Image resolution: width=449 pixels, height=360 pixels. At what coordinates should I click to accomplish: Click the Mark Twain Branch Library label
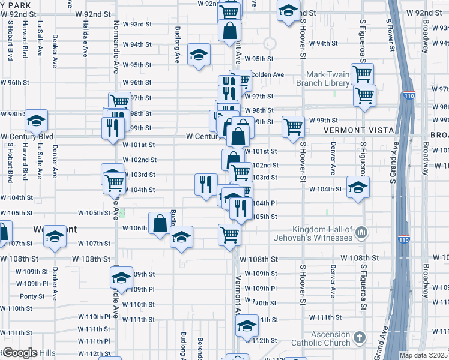tap(328, 79)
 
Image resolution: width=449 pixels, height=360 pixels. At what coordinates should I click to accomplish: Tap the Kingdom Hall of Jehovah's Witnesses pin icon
tap(361, 231)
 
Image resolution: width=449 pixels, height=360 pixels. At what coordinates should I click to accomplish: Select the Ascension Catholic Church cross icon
tap(360, 337)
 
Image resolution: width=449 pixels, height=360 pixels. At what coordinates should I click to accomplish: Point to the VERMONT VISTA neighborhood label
tap(358, 130)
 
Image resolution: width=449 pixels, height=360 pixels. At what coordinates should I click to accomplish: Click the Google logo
tap(19, 353)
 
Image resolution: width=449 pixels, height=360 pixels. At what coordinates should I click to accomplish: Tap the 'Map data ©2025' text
tap(424, 355)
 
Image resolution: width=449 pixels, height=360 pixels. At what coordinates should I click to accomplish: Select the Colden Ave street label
tap(267, 74)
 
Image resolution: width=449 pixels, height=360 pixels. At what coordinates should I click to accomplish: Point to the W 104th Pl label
tap(262, 203)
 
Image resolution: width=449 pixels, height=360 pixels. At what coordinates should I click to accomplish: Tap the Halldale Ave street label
tap(86, 38)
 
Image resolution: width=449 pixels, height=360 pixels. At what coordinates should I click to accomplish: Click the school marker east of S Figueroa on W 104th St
tap(358, 186)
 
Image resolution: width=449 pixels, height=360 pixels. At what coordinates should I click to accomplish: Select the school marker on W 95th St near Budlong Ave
tap(199, 55)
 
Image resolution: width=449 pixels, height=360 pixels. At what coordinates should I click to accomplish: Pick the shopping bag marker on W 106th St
tap(160, 223)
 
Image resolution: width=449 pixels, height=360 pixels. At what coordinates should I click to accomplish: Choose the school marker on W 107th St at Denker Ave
tap(55, 235)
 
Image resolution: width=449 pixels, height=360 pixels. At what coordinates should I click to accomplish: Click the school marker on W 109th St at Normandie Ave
tap(121, 277)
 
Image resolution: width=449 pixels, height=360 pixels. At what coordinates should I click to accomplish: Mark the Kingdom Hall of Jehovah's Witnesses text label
tap(322, 234)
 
